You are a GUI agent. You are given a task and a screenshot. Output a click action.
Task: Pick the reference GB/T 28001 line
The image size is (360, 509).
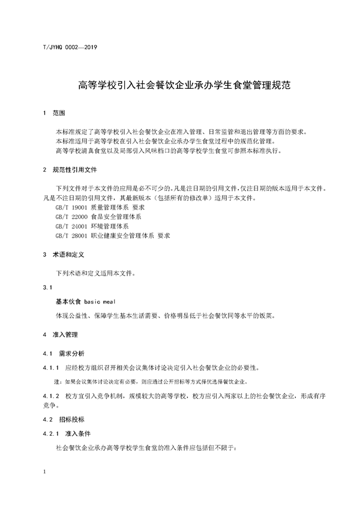[113, 236]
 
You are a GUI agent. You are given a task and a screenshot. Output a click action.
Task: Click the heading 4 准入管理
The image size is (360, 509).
[60, 334]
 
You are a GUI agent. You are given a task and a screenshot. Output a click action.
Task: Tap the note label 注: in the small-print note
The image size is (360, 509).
[58, 381]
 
